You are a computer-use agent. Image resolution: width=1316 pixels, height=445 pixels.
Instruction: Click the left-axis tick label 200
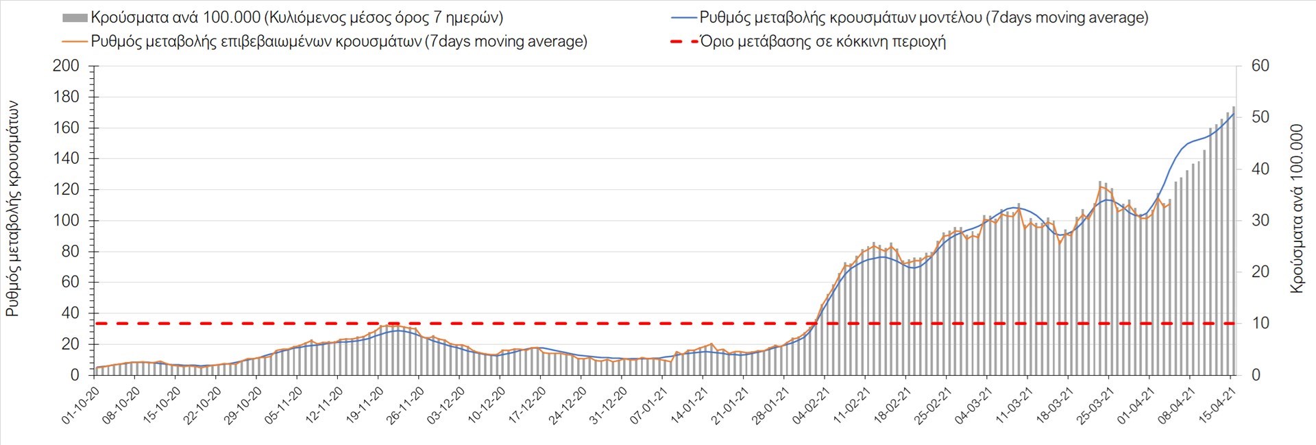66,67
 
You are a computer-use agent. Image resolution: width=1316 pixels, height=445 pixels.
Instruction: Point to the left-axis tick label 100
66,221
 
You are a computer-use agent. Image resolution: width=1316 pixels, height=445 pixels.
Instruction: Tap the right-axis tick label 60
1260,66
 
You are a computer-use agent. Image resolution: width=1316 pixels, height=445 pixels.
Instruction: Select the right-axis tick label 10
1260,323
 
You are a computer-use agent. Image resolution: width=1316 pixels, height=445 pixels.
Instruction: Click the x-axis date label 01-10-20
82,405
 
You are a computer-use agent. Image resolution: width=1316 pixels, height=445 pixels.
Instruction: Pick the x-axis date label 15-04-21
1217,405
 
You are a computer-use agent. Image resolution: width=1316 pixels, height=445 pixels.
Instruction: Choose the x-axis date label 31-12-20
609,405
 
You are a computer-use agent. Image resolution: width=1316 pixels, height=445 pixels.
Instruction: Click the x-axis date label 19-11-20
365,405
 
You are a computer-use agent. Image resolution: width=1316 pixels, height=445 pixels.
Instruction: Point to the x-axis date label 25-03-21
1095,405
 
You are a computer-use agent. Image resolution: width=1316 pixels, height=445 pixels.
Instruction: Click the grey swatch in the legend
75,18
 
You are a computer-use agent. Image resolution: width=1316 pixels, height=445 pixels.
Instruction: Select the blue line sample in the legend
683,18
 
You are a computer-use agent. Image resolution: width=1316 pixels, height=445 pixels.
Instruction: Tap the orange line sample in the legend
75,42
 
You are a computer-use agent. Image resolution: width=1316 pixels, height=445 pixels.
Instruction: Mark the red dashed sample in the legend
683,42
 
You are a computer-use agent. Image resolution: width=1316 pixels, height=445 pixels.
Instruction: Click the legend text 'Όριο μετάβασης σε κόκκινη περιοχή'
822,42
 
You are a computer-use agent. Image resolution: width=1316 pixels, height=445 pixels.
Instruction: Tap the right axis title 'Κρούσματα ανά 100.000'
1296,209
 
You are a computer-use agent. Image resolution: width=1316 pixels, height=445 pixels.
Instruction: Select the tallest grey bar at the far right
1234,240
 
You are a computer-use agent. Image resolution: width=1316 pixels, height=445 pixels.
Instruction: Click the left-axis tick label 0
75,375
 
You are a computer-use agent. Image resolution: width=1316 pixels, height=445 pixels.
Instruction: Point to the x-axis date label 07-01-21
649,405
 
